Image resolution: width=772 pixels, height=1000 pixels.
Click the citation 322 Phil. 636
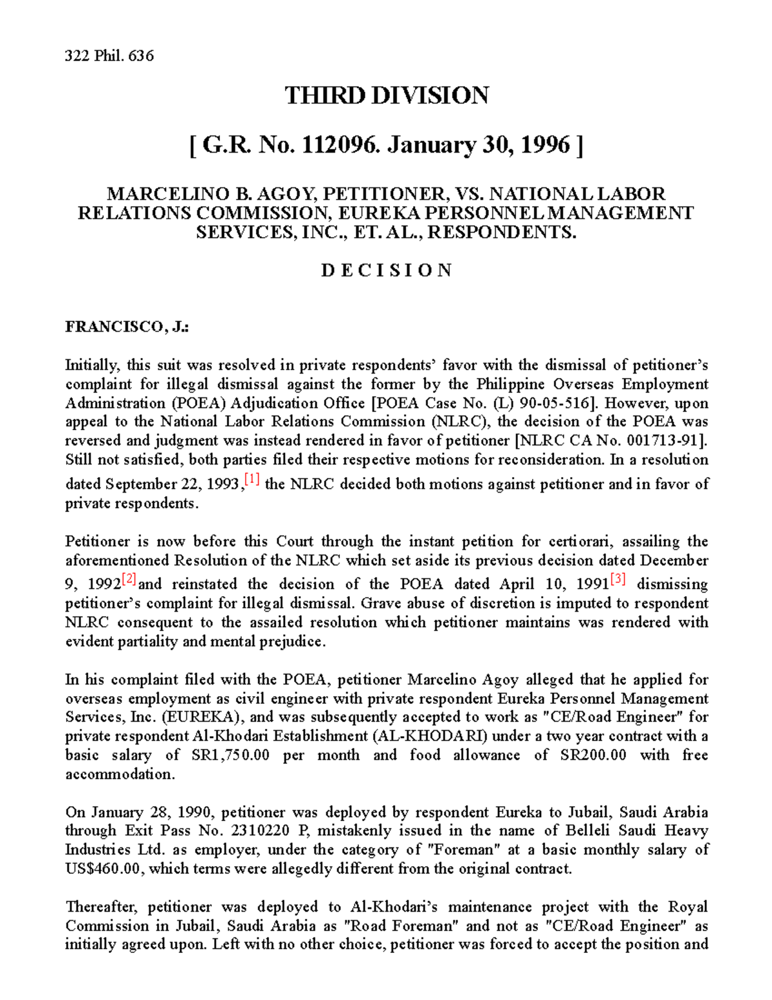[x=109, y=56]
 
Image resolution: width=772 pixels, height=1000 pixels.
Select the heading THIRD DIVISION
[x=386, y=96]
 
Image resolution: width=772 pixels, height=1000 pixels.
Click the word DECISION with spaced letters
[x=386, y=270]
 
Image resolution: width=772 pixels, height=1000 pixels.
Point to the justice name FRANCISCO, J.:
[x=127, y=327]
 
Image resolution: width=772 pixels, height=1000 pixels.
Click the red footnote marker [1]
[x=252, y=480]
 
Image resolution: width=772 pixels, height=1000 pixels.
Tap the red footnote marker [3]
[x=618, y=580]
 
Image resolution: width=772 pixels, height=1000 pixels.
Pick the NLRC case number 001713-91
[x=668, y=441]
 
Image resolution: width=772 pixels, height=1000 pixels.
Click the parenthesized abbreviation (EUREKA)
[x=203, y=717]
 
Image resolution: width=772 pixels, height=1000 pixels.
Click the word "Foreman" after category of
[x=466, y=850]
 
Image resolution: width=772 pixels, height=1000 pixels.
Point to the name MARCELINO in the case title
[x=147, y=194]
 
